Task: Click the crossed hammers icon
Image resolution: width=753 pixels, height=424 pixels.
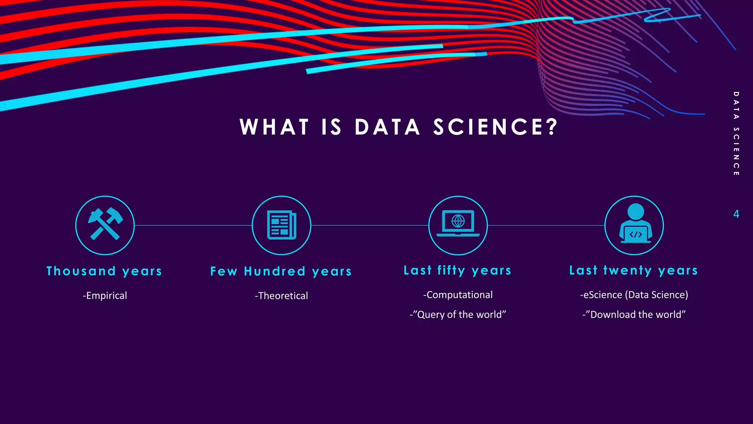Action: [105, 225]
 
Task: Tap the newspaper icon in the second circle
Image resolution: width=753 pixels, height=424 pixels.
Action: [282, 225]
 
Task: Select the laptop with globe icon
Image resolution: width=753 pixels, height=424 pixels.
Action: [458, 224]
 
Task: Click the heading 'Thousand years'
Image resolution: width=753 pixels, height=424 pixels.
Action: [104, 271]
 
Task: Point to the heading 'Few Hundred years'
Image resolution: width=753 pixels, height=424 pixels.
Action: [281, 272]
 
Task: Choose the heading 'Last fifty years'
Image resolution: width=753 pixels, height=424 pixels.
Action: [458, 271]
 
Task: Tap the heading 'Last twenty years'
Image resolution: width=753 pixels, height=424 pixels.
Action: [634, 271]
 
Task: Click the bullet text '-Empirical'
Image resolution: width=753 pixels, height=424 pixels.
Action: [105, 296]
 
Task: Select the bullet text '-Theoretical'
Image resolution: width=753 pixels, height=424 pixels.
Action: [281, 296]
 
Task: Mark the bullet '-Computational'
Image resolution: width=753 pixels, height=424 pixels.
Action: [458, 295]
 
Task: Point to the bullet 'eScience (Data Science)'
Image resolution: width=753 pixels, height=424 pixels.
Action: [634, 295]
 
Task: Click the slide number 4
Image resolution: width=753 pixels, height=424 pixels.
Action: [736, 214]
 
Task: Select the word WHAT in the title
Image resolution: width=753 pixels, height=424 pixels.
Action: [274, 127]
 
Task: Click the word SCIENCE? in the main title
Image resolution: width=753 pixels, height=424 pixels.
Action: [496, 127]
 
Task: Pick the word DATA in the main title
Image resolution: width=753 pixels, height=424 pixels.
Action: [388, 127]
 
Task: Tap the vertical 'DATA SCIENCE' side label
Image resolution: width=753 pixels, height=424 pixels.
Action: [736, 134]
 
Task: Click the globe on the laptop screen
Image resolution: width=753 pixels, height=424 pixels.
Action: [458, 221]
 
